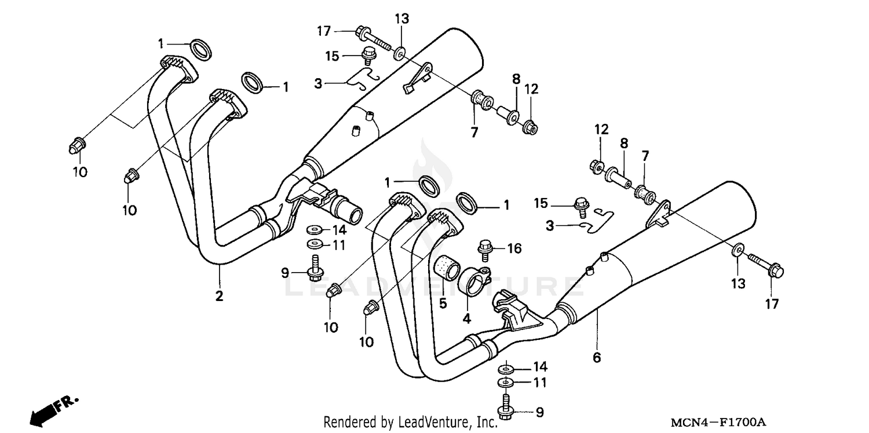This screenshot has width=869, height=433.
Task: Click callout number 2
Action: (219, 296)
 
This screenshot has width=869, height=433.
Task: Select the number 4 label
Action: (466, 318)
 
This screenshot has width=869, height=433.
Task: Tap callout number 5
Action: (443, 303)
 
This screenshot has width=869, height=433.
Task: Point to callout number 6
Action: (596, 358)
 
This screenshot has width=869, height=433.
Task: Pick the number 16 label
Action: (514, 249)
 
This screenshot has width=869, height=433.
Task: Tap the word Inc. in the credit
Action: (486, 423)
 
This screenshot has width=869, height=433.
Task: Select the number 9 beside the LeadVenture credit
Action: (539, 412)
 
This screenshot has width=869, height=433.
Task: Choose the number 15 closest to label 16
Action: (541, 203)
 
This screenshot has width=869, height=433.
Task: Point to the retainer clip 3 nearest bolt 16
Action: (597, 220)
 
